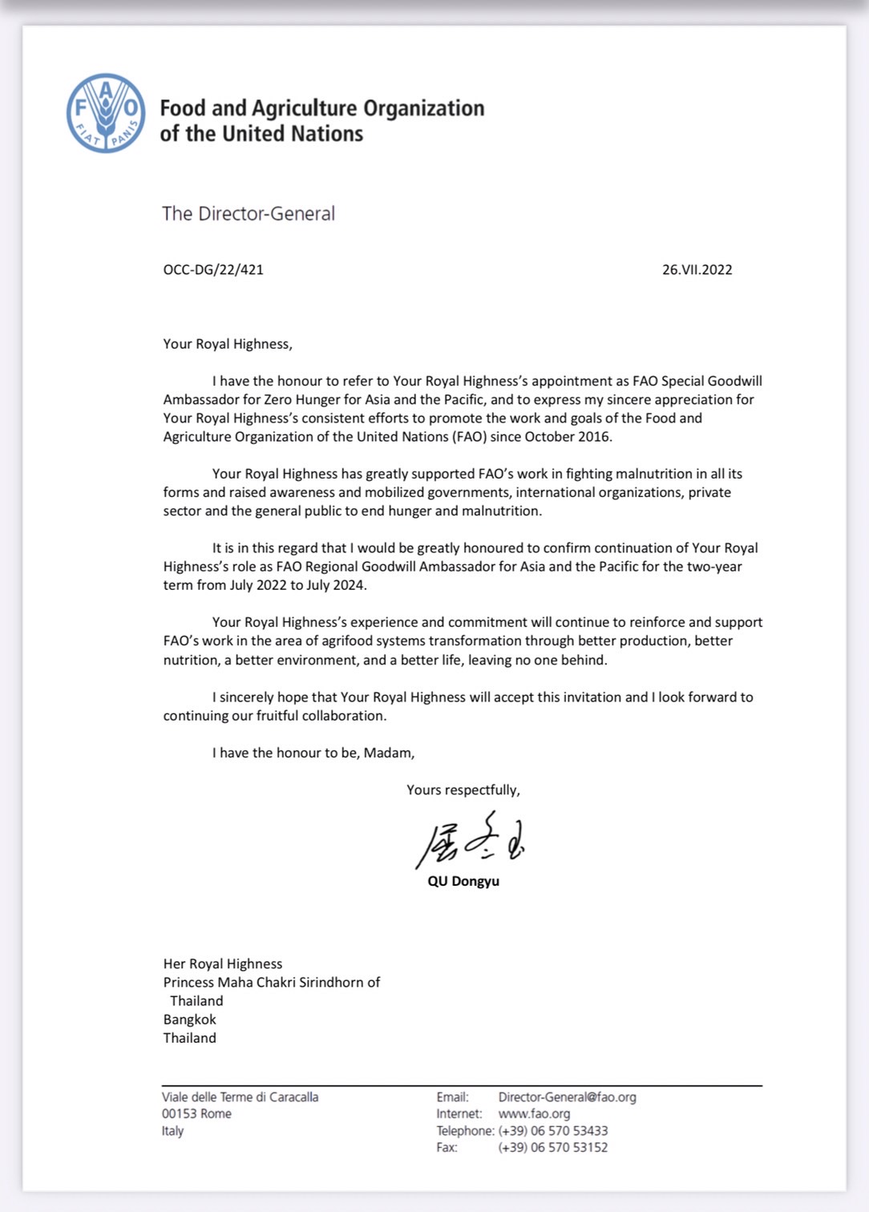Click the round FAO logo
106,113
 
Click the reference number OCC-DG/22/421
213,270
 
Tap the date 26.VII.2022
697,270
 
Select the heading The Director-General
249,214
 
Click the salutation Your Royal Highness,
228,344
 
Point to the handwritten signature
470,842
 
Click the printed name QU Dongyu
463,881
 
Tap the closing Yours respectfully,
463,790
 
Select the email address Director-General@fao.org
567,1097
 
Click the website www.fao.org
534,1113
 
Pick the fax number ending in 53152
552,1147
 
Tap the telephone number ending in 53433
552,1130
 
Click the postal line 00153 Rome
196,1113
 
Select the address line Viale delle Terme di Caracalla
240,1097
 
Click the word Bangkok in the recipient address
190,1020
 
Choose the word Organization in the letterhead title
424,108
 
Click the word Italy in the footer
172,1131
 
